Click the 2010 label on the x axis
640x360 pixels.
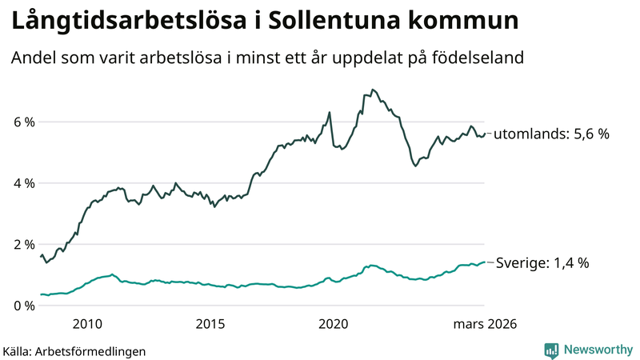click(87, 324)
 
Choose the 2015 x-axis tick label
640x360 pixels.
click(210, 324)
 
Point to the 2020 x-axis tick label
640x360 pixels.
click(334, 324)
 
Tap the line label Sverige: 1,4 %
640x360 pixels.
click(543, 262)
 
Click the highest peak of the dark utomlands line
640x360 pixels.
click(373, 90)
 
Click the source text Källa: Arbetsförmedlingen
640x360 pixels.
click(74, 350)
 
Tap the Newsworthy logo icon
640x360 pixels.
click(551, 350)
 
